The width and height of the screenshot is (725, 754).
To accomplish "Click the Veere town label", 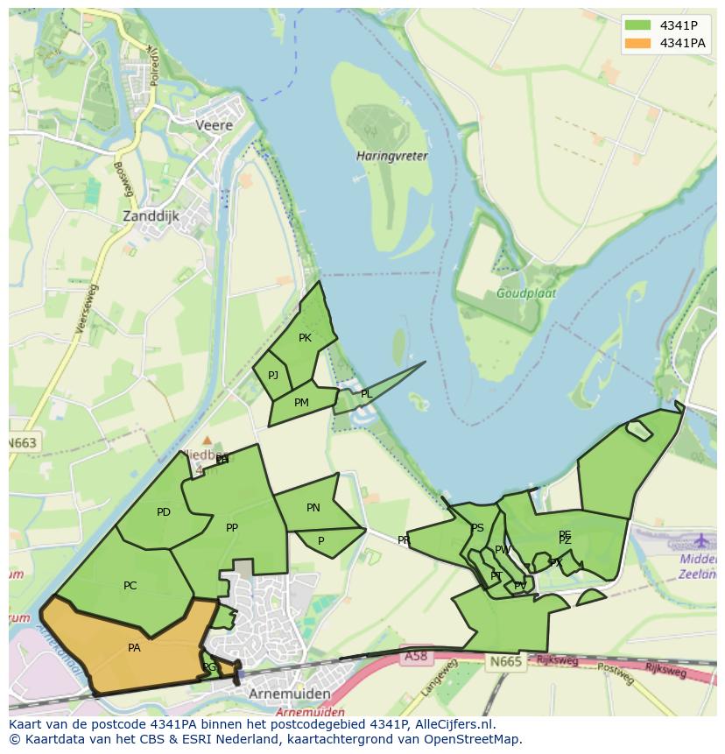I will (215, 125).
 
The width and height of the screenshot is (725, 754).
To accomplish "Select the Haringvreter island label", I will (392, 156).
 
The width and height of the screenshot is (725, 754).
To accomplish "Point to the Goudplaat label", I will (526, 294).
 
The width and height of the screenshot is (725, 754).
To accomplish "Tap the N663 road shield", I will (22, 443).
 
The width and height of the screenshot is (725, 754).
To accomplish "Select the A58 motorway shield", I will (415, 656).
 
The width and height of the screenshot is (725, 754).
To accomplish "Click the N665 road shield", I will (505, 661).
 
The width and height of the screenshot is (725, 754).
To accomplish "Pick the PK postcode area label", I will (305, 338).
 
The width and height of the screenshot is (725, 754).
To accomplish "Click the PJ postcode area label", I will (273, 376).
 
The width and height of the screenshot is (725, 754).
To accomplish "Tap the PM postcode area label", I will (301, 403).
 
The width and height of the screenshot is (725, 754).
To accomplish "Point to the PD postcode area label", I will (164, 512).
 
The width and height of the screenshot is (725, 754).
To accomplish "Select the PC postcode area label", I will (130, 586).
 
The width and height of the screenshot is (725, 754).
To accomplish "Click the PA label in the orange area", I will (134, 648).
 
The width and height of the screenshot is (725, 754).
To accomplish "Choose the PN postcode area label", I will (313, 508).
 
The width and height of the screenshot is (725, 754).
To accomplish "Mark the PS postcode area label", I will (477, 528).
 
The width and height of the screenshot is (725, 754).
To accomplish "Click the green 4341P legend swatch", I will (638, 25).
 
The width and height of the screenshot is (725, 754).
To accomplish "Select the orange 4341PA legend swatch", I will (638, 43).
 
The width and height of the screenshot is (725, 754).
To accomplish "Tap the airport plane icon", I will (701, 539).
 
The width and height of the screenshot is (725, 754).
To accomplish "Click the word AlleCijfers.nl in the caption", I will (454, 724).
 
